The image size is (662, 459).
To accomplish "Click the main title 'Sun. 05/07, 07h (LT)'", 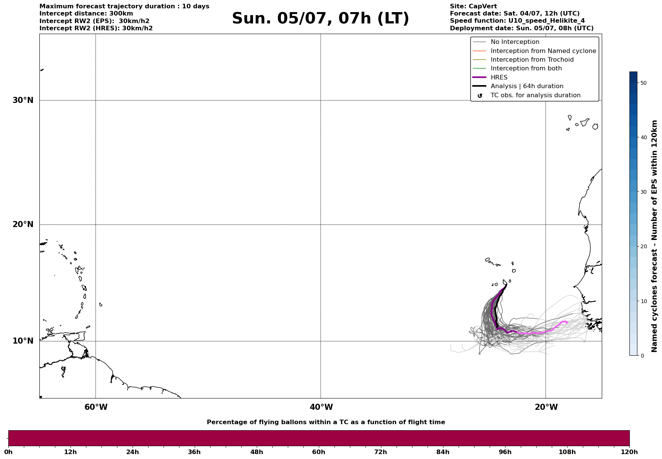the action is [320, 19].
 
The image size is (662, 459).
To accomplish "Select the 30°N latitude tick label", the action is [23, 100].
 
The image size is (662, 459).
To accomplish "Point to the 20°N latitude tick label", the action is [23, 224].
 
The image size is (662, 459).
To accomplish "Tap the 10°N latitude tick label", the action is [23, 341].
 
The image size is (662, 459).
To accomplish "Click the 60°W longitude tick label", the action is [96, 407].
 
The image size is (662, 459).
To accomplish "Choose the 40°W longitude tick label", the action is [321, 407].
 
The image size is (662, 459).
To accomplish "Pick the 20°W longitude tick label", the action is [546, 407].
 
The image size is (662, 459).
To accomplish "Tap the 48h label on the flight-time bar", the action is [256, 452].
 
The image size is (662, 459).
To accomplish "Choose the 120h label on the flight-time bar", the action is [629, 452].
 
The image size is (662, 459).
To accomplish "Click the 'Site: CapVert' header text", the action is [473, 6].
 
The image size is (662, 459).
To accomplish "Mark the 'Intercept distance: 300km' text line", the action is [86, 14].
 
